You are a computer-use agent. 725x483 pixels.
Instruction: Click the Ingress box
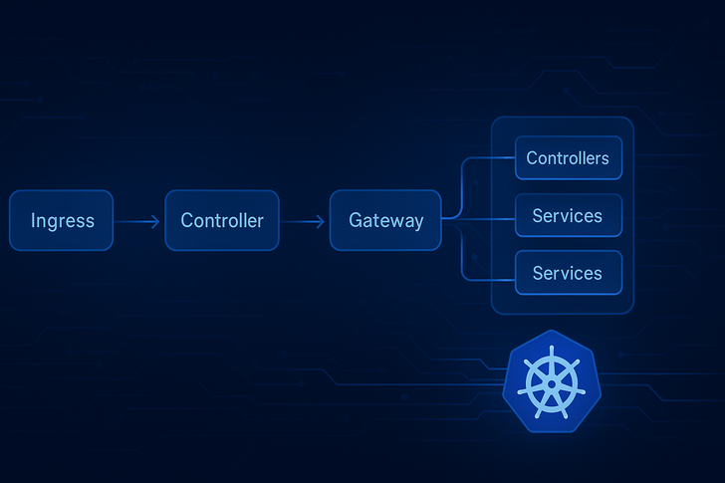point(61,220)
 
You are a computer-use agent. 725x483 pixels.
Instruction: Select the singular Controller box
point(222,220)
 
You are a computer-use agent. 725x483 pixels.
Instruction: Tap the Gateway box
point(385,220)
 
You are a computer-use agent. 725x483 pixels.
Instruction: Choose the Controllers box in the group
point(569,157)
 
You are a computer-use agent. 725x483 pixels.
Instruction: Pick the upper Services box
point(569,215)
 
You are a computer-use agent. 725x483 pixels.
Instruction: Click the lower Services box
point(569,273)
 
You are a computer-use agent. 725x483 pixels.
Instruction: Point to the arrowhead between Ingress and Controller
point(155,222)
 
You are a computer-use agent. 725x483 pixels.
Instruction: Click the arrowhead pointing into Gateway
point(321,222)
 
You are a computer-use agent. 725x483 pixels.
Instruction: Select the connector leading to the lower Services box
point(462,259)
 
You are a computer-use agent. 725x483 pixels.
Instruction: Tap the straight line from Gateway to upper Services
point(479,219)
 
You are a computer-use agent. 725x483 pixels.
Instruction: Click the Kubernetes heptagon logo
point(552,381)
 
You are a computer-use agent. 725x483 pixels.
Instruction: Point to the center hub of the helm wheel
point(551,384)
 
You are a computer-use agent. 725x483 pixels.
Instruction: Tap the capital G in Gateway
point(356,220)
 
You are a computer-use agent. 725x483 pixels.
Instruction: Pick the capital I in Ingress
point(33,220)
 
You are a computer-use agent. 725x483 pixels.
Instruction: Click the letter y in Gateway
point(417,223)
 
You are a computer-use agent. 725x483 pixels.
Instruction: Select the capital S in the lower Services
point(539,273)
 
